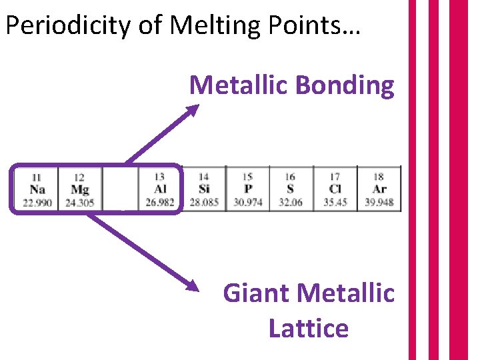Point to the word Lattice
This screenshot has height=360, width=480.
pos(308,328)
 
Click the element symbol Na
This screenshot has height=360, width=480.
pos(37,189)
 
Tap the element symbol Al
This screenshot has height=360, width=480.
pos(160,189)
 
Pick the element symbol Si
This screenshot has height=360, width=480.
pos(204,189)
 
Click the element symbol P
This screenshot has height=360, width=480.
pos(247,189)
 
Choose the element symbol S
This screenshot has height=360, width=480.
pos(290,189)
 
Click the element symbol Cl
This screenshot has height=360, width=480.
pos(335,189)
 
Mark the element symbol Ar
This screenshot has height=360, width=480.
pos(379,189)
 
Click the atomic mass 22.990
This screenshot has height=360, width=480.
pos(37,202)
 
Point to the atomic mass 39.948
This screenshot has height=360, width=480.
pos(379,202)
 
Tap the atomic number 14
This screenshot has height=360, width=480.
pos(204,177)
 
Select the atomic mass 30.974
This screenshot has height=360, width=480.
pos(247,202)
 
